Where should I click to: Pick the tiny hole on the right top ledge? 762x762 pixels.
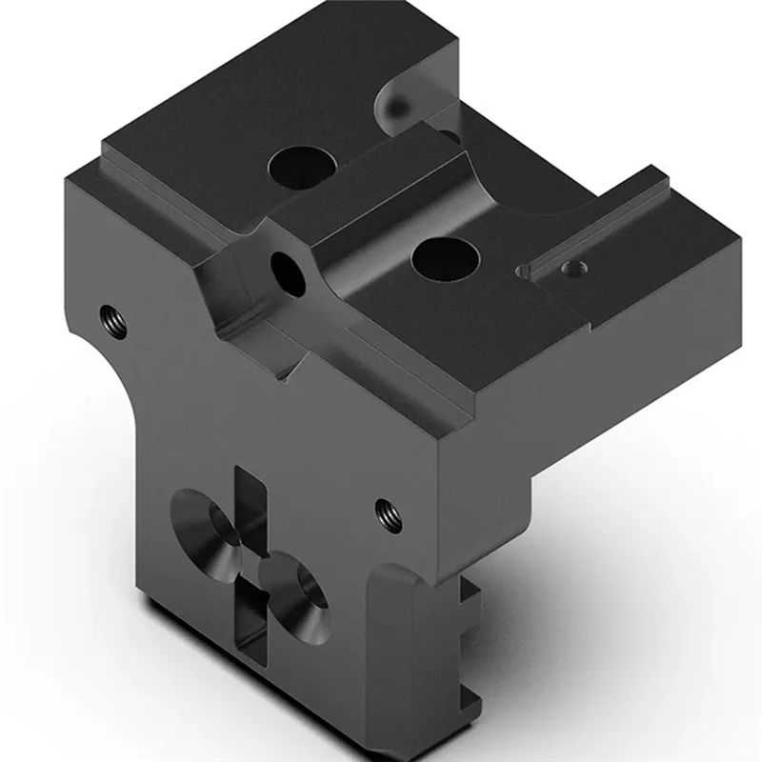(x=572, y=269)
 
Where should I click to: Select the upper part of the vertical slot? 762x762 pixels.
(x=250, y=495)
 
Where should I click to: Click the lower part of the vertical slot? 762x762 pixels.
(x=250, y=629)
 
